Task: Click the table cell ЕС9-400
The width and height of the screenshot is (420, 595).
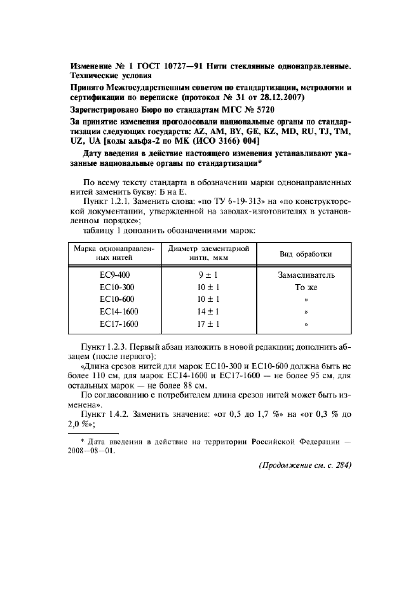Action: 114,275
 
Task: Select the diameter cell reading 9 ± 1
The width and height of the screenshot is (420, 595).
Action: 209,275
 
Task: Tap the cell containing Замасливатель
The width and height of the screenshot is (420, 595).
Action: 306,275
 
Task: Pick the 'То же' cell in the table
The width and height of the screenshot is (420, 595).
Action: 306,287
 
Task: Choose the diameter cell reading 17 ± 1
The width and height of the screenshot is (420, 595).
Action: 209,324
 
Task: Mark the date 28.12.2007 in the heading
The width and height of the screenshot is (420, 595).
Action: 281,98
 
